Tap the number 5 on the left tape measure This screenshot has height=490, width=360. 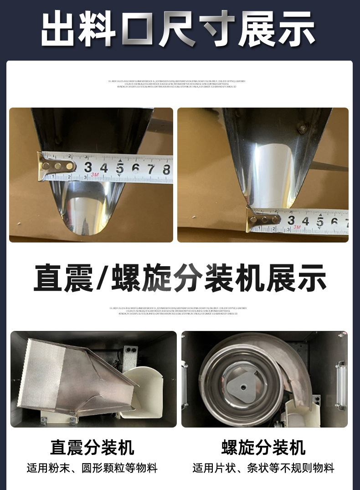[x=119, y=169]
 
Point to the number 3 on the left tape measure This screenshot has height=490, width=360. [x=88, y=167]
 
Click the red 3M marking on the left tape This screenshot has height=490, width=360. [x=95, y=175]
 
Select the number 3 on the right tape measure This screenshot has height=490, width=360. [x=291, y=220]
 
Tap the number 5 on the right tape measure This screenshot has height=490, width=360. [x=320, y=222]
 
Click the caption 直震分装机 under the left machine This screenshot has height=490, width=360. [x=92, y=448]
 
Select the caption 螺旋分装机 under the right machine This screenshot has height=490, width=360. [x=263, y=448]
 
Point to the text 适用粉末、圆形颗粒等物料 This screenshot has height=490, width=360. [x=92, y=468]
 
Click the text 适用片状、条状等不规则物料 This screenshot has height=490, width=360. [x=263, y=468]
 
